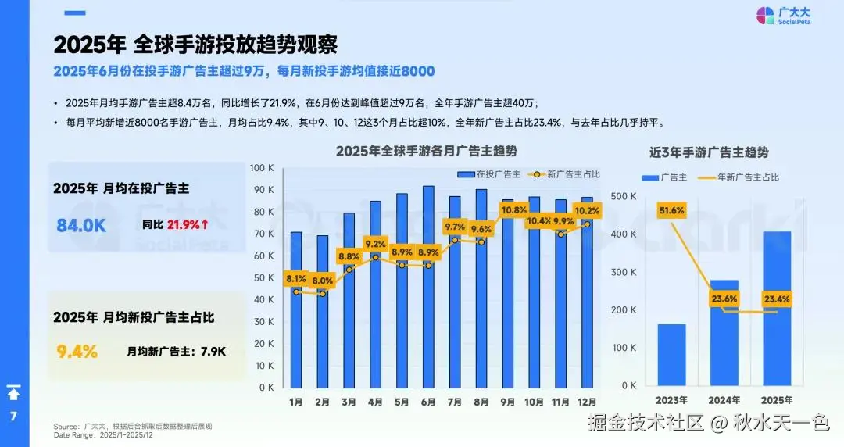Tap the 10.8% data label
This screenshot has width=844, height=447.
coord(513,210)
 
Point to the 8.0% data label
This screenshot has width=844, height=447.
coord(322,281)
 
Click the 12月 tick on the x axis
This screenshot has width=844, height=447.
coord(587,402)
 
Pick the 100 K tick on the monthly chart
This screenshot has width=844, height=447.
coord(261,168)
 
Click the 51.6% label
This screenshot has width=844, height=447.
coord(671,210)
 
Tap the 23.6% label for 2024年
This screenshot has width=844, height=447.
coord(724,298)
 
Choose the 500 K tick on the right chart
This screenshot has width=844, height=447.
coord(624,195)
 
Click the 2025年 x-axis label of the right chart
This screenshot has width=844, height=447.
coord(777,401)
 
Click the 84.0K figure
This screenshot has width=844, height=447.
coord(80,225)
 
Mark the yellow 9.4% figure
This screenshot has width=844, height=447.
coord(77,352)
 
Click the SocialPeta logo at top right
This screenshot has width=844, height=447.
coord(784,15)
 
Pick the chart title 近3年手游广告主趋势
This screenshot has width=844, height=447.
coord(709,152)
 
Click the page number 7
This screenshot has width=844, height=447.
coord(13,417)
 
